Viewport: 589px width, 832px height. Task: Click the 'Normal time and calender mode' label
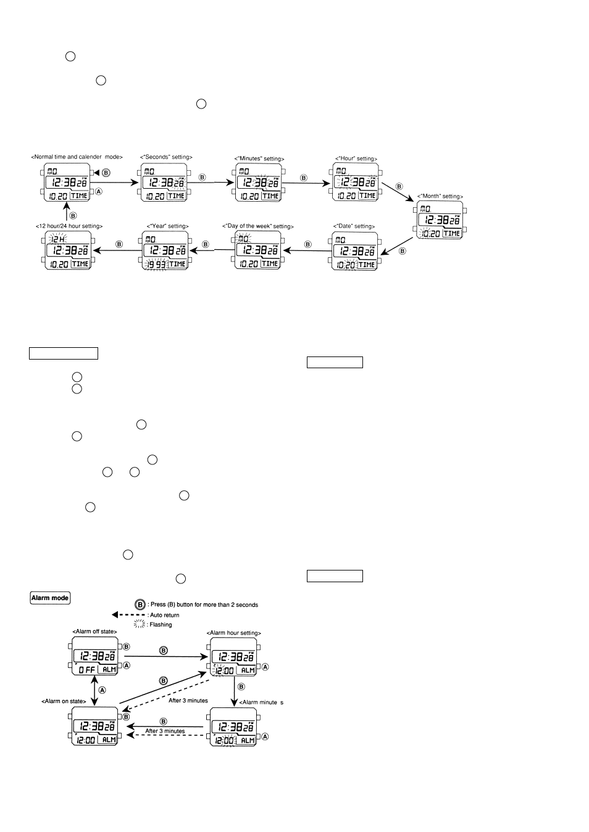tap(78, 157)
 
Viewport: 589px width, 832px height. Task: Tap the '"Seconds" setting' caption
tap(166, 157)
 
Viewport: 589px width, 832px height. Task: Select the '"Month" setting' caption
tap(440, 196)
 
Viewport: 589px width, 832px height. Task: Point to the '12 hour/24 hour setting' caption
tap(69, 226)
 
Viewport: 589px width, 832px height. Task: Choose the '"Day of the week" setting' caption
tap(258, 226)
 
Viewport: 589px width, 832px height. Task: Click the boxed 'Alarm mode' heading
tap(51, 598)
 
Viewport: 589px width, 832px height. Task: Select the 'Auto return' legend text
tap(164, 615)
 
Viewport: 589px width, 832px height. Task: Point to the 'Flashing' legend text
tap(161, 625)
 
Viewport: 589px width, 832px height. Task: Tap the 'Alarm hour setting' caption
tap(235, 633)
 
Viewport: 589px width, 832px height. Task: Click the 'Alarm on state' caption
tap(63, 701)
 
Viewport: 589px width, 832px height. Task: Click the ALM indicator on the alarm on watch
tap(109, 739)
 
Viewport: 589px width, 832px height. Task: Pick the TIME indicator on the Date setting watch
tap(367, 264)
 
